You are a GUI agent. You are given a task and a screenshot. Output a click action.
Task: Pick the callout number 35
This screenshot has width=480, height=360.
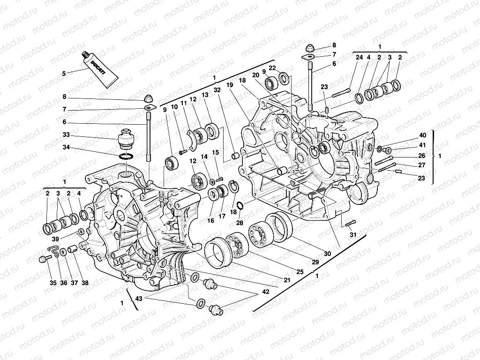(x=53, y=283)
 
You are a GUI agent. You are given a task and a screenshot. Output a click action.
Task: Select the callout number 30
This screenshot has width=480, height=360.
(x=327, y=254)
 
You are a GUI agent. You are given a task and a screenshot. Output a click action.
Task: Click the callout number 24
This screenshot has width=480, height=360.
(x=359, y=58)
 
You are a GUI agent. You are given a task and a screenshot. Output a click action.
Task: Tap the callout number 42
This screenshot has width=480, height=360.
(x=266, y=291)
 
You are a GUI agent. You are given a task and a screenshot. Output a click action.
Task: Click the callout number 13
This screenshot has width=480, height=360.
(x=204, y=95)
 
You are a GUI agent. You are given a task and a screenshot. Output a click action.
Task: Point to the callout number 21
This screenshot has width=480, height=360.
(x=287, y=280)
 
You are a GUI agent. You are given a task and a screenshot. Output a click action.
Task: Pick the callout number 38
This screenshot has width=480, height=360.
(x=85, y=283)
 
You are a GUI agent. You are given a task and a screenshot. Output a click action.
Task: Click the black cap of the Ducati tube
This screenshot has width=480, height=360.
(x=86, y=57)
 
